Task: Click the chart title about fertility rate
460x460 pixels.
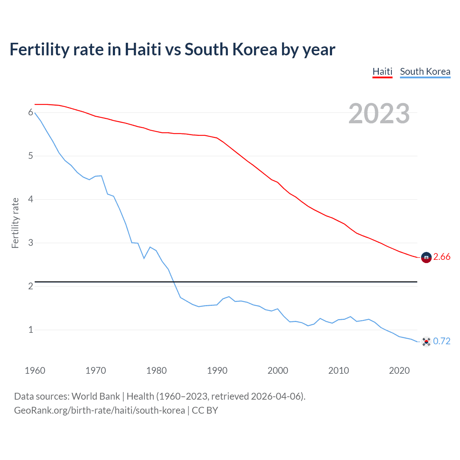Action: [x=172, y=50]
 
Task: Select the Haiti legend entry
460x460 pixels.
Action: [x=382, y=72]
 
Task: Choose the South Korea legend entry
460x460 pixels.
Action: [x=425, y=72]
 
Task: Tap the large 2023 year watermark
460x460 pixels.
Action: [x=379, y=114]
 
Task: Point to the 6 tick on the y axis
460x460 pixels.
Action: [x=31, y=112]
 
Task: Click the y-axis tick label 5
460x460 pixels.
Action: [x=31, y=156]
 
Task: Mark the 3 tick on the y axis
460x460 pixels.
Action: [x=31, y=243]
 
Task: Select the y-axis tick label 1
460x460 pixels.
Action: [x=31, y=330]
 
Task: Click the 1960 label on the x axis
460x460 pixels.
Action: [x=35, y=371]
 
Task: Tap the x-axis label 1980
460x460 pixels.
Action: [x=156, y=371]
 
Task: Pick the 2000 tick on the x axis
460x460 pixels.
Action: [x=278, y=371]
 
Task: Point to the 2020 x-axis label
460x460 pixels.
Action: [x=399, y=371]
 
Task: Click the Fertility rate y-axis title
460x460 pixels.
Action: [x=15, y=223]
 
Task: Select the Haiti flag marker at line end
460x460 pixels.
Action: [x=426, y=258]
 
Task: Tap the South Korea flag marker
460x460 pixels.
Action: [x=426, y=341]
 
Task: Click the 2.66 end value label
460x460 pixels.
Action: [x=442, y=257]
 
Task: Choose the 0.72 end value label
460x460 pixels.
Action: [x=442, y=341]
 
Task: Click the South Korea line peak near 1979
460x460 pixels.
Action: [x=150, y=247]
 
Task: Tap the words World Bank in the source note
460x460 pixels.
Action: [x=96, y=396]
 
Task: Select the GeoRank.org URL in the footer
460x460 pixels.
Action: [x=100, y=410]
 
